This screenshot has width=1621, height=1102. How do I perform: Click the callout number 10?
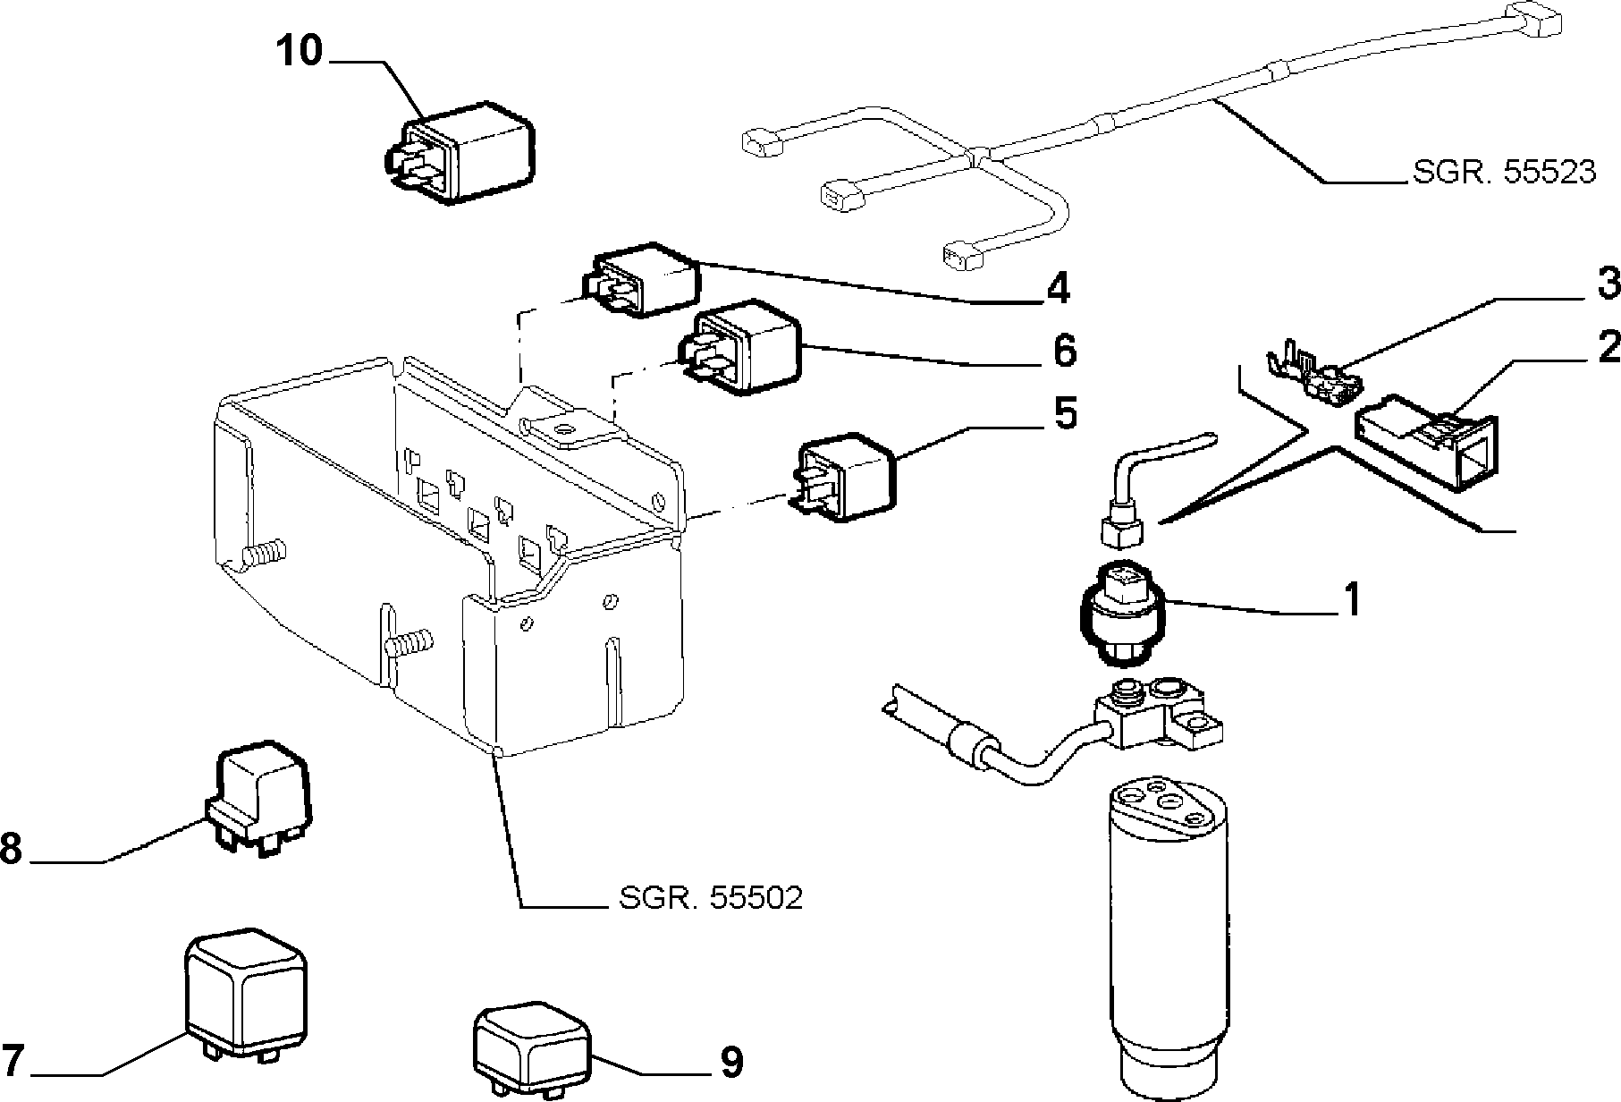coord(299,51)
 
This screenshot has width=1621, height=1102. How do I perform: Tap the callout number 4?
coord(1058,288)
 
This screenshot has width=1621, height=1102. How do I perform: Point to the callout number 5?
coord(1066,414)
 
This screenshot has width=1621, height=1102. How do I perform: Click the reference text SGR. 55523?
coord(1504,171)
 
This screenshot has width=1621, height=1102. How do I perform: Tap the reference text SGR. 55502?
coord(711,897)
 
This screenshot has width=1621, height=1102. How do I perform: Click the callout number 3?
coord(1608,284)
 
